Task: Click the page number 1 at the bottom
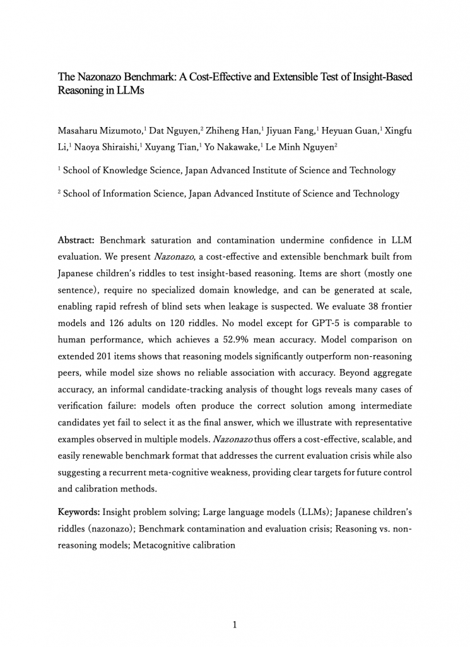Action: (235, 625)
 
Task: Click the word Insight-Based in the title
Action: (376, 77)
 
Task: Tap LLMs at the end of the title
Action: (129, 91)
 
